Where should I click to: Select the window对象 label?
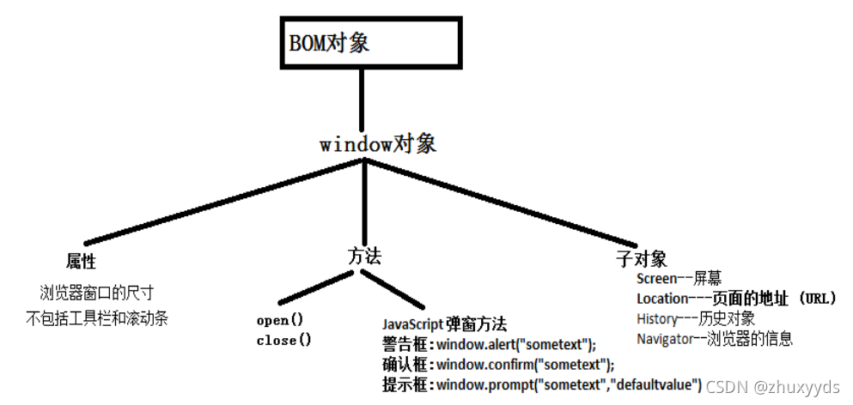(378, 144)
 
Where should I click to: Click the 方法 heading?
(364, 255)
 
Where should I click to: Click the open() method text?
(280, 321)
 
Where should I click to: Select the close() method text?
(283, 340)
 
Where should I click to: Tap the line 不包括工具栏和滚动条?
(97, 318)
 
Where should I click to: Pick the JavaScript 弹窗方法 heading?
(444, 324)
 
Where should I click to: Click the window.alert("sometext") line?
(489, 344)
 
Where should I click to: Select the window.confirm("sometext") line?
(498, 364)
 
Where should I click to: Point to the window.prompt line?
(542, 384)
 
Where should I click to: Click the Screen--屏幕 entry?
(679, 278)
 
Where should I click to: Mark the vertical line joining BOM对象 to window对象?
(363, 99)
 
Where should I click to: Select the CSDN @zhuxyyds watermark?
(772, 388)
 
